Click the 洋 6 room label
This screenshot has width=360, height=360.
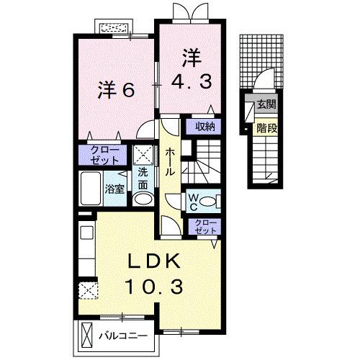tap(116, 90)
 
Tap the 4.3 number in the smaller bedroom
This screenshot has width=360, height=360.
tap(192, 81)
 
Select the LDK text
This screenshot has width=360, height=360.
tap(154, 261)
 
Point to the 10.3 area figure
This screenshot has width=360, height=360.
tap(154, 287)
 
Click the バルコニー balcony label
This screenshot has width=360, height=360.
tap(123, 336)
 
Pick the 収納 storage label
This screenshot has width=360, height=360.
tap(204, 127)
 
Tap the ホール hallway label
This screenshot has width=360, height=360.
tap(170, 161)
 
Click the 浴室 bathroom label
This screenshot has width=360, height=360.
tap(114, 189)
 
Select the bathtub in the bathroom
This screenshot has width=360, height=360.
tap(91, 189)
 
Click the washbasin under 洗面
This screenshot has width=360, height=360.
tap(143, 199)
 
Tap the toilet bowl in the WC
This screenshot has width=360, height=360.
tap(208, 201)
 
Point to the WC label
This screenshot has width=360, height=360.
tap(194, 202)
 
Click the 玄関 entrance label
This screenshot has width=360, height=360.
tap(266, 104)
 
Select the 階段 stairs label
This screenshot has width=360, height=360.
tap(267, 128)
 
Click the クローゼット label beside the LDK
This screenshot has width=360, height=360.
tap(205, 227)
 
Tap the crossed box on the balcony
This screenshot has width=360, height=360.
tap(86, 333)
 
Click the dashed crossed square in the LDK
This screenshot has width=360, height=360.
tap(89, 290)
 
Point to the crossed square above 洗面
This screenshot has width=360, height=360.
tap(143, 155)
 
